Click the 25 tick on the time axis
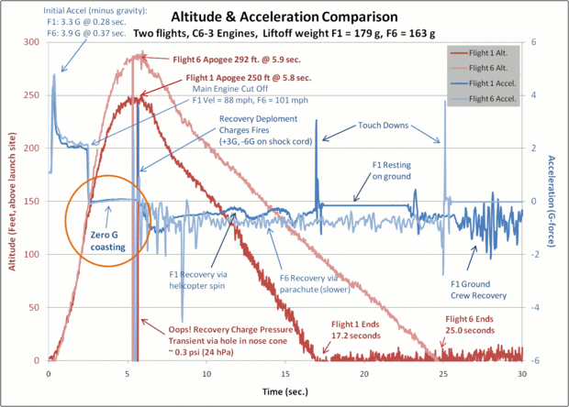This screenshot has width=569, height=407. click(x=443, y=374)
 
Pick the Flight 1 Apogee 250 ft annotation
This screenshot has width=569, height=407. click(x=231, y=78)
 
